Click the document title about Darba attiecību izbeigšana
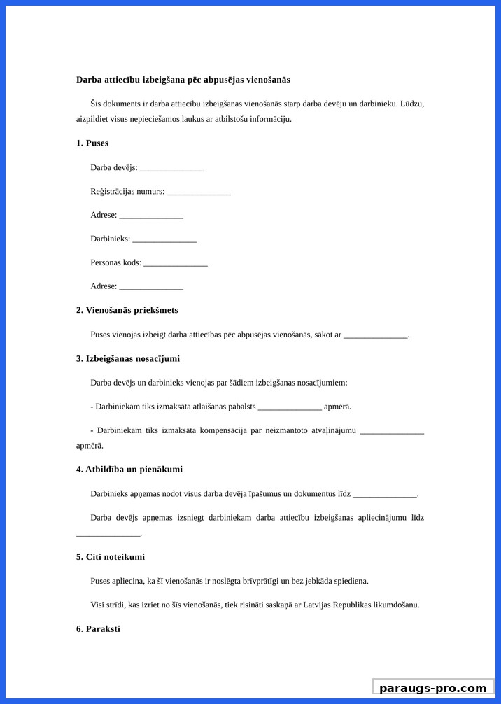[x=183, y=80]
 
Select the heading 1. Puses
[x=92, y=143]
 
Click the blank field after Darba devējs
[x=171, y=168]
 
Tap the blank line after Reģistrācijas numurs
[x=199, y=192]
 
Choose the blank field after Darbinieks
[x=164, y=239]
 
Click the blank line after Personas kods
[x=176, y=263]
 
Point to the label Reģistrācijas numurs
[x=127, y=192]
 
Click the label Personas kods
[x=115, y=263]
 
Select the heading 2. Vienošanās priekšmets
[x=127, y=310]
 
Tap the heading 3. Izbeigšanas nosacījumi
[x=127, y=359]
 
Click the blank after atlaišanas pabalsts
[x=290, y=407]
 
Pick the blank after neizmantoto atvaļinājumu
[x=392, y=431]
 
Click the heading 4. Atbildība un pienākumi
[x=129, y=470]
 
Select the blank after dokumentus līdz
[x=385, y=494]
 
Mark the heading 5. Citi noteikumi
[x=111, y=557]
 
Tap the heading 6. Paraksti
[x=98, y=629]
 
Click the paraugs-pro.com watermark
[x=432, y=688]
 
